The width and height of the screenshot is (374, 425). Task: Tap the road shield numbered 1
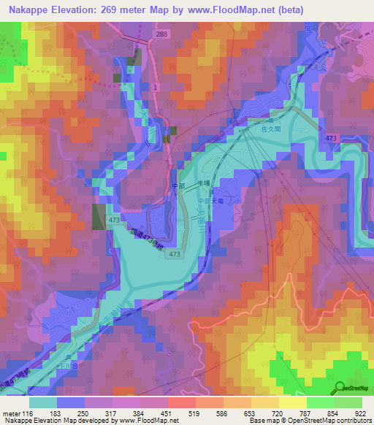pos(156,87)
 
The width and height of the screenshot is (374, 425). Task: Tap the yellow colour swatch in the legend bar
pos(293,402)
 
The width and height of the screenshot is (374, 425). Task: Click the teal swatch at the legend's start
pos(44,402)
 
